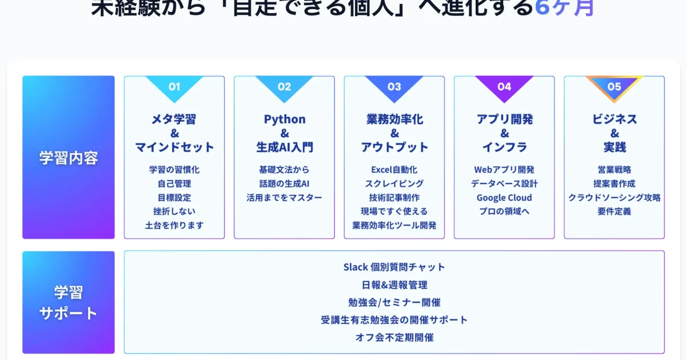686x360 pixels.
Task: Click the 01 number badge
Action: [x=174, y=87]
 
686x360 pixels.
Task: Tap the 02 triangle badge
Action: [x=284, y=87]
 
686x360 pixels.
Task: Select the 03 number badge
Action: [x=394, y=87]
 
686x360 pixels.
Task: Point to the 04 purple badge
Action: [x=504, y=87]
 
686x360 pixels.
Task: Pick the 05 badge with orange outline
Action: [x=614, y=87]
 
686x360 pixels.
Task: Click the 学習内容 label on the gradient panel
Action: [x=69, y=158]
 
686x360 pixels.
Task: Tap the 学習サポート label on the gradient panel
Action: [x=69, y=303]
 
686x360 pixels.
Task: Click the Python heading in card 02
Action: [x=284, y=119]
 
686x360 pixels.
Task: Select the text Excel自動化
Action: [x=394, y=170]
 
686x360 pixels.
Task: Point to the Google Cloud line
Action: [x=504, y=198]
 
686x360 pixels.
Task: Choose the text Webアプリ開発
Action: [x=504, y=170]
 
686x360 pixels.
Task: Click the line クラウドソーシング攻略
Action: [x=614, y=198]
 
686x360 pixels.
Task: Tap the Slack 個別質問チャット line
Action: [x=394, y=267]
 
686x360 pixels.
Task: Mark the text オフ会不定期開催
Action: [x=394, y=337]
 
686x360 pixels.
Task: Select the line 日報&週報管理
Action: [x=394, y=285]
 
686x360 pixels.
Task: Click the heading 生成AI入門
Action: [x=284, y=147]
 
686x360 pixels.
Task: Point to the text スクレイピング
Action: [x=394, y=184]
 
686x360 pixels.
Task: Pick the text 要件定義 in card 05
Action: [x=614, y=211]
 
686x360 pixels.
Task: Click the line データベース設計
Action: [x=504, y=184]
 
